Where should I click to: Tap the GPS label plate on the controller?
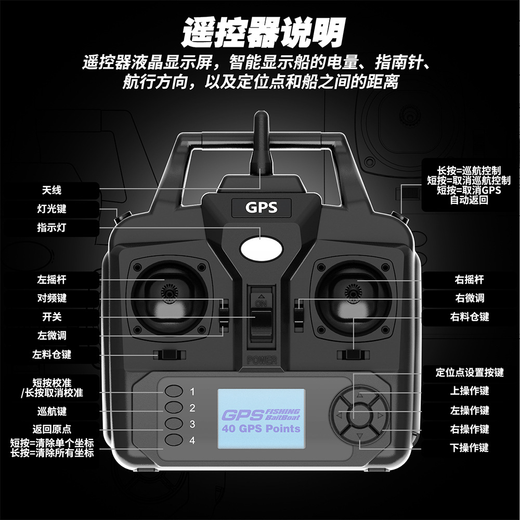[261, 208]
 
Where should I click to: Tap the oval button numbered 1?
[174, 392]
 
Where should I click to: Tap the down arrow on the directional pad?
[359, 436]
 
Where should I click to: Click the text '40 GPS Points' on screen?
[261, 429]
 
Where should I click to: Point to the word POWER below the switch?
[262, 360]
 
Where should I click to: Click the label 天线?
[51, 190]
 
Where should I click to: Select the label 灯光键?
[51, 209]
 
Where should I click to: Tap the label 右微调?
[470, 298]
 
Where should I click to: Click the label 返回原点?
[51, 430]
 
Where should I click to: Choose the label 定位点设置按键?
[470, 372]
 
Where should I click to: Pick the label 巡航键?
[51, 411]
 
